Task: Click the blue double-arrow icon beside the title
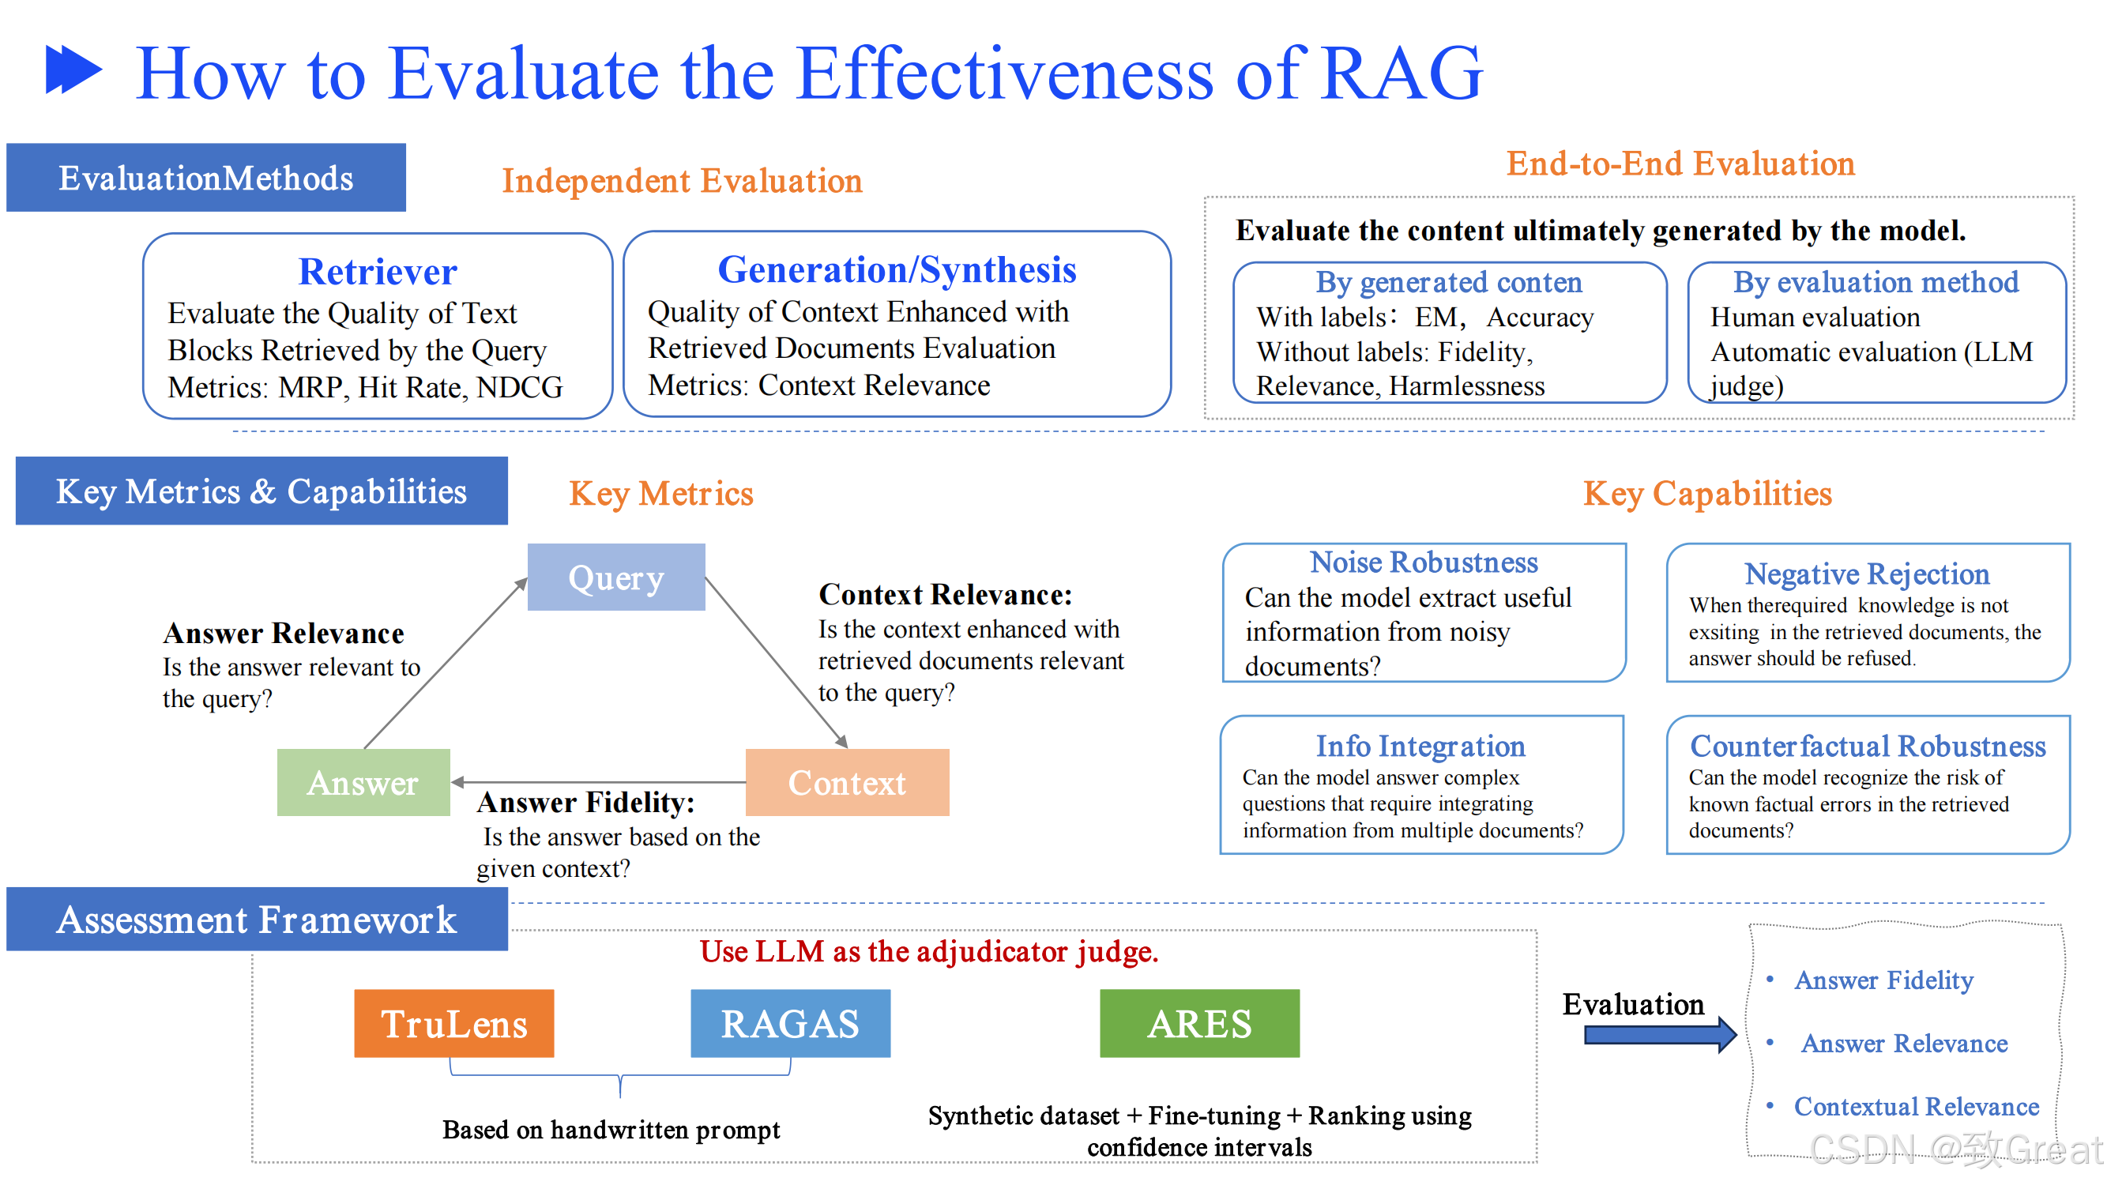click(73, 70)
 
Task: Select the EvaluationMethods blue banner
click(206, 179)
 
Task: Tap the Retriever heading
click(378, 272)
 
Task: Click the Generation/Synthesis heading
click(897, 270)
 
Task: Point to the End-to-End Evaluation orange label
click(1681, 164)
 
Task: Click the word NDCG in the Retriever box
click(519, 388)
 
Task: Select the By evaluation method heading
click(1876, 282)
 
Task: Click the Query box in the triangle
click(617, 578)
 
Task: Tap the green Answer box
click(363, 784)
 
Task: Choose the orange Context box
click(848, 784)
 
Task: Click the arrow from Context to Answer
click(597, 784)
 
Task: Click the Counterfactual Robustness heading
click(1868, 747)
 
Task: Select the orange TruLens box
click(454, 1025)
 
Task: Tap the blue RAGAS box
click(790, 1025)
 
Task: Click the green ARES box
click(1200, 1025)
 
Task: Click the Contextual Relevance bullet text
click(1917, 1108)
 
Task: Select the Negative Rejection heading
click(1868, 575)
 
